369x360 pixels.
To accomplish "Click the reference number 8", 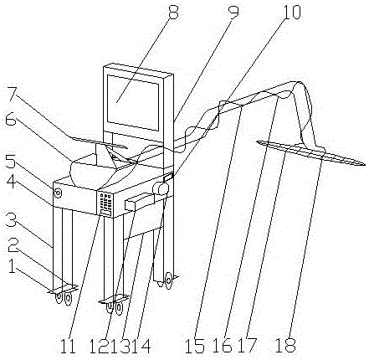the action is (x=173, y=11).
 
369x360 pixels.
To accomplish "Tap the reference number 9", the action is (x=233, y=11).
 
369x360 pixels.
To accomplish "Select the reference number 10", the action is (x=292, y=12).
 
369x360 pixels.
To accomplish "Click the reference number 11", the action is (x=69, y=347).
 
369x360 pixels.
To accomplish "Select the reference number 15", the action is (x=195, y=347).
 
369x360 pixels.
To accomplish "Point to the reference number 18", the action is (x=285, y=345).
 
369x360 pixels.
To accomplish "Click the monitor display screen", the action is (x=133, y=102).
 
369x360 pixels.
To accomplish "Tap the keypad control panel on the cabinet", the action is (x=105, y=204).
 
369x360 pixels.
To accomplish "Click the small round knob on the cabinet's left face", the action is (x=59, y=193).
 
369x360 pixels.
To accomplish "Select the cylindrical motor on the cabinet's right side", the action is (x=161, y=188).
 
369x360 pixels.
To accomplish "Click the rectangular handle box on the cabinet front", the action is (x=139, y=202).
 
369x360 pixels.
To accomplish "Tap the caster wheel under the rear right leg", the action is (x=168, y=280).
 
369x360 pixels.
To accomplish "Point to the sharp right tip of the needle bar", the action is (x=365, y=164).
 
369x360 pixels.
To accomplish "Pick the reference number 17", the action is (x=247, y=346).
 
